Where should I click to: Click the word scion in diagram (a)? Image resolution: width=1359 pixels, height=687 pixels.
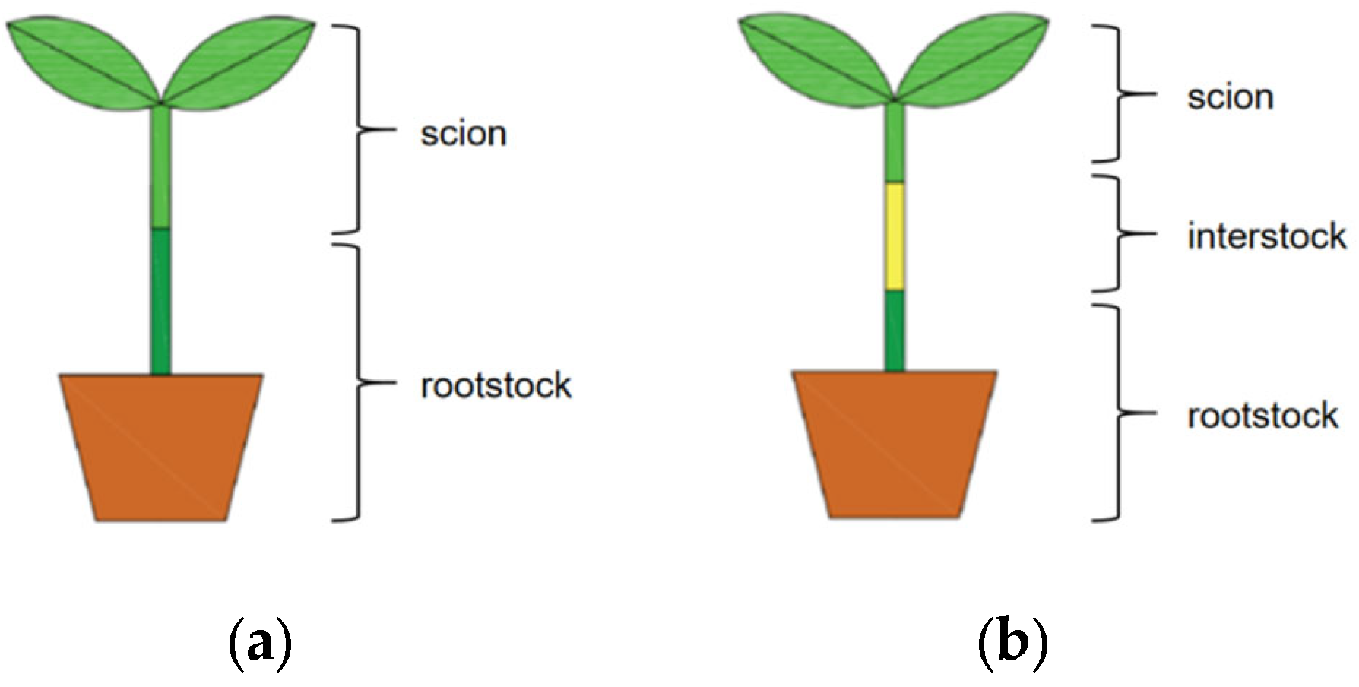tap(463, 134)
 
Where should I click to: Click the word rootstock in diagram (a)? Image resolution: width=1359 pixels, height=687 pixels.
tap(496, 386)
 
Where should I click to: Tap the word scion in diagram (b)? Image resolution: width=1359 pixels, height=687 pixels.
tap(1230, 98)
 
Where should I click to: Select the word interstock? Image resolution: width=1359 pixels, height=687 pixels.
tap(1266, 236)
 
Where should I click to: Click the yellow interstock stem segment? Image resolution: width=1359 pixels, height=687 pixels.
tap(895, 236)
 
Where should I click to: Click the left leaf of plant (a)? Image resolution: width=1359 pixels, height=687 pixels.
tap(84, 61)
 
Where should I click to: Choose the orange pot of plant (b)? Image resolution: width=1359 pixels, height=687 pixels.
tap(895, 445)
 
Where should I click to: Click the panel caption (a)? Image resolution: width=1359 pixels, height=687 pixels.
tap(260, 646)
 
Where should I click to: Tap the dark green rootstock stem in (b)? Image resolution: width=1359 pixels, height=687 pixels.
tap(895, 331)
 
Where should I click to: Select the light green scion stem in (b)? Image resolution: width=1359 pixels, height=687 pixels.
tap(895, 144)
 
